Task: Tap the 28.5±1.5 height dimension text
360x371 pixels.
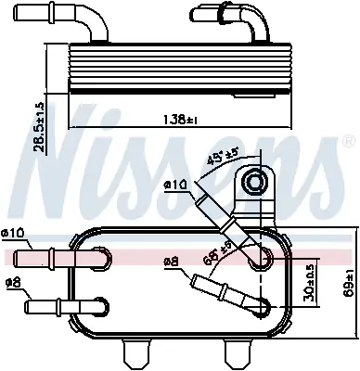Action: click(x=40, y=127)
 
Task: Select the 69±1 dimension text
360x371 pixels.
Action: click(x=349, y=283)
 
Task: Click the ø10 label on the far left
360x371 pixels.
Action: click(x=13, y=233)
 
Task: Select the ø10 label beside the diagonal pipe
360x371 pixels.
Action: click(x=175, y=185)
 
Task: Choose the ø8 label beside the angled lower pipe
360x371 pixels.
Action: click(x=172, y=262)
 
